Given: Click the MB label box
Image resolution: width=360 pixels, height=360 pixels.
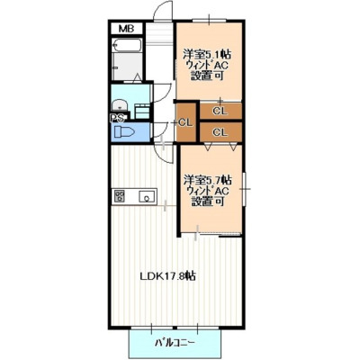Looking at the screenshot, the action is click(126, 29).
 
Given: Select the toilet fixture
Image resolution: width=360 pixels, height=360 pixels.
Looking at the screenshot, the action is click(124, 132).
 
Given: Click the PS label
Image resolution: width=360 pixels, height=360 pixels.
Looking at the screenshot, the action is click(117, 119).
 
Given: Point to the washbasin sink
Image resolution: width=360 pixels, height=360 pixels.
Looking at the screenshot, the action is click(120, 105).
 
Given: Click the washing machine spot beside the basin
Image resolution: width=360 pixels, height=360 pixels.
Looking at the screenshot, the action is click(142, 111).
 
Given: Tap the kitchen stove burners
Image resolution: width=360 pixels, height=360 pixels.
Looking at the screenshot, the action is click(120, 196).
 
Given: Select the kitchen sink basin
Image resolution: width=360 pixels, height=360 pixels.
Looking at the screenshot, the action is click(147, 197).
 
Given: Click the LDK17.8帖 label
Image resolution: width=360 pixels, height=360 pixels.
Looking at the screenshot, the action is click(168, 275).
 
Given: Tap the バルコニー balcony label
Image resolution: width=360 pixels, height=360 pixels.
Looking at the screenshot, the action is click(175, 342).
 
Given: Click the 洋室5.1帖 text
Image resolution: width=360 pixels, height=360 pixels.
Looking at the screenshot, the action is click(207, 55).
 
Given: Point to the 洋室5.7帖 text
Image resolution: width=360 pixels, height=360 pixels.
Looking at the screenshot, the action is click(207, 180).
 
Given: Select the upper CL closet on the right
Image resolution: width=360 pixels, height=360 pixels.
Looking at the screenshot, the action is click(220, 112).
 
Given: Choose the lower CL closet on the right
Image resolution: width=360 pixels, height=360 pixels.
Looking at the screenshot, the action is click(220, 132).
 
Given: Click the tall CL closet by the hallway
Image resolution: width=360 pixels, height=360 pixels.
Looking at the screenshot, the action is click(186, 122).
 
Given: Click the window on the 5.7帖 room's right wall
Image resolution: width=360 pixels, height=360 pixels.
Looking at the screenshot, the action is click(245, 189).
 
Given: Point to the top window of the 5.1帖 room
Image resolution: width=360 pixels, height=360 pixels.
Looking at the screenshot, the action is click(209, 20).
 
